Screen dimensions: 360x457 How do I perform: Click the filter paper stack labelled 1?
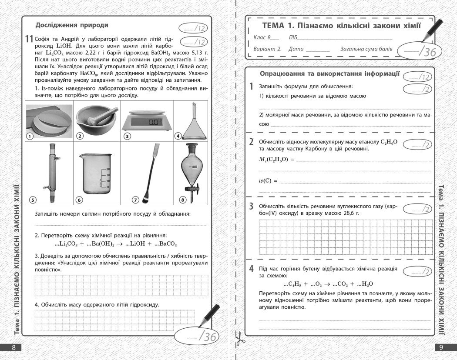(x=49, y=120)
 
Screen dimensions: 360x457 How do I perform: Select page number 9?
(x=441, y=347)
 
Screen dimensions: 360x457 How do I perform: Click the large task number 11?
(x=29, y=39)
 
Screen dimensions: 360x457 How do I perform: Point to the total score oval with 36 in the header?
(x=419, y=50)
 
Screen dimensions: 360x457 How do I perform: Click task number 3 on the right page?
(x=252, y=206)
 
